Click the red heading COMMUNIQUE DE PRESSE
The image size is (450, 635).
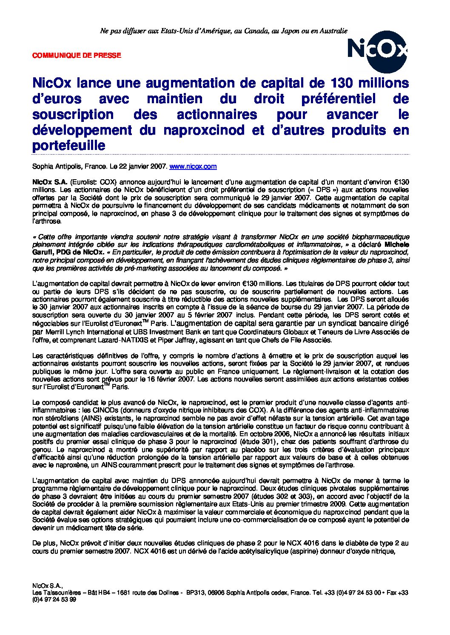pyautogui.click(x=77, y=55)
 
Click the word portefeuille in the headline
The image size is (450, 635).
pyautogui.click(x=68, y=145)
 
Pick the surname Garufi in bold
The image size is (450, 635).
pyautogui.click(x=43, y=252)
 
